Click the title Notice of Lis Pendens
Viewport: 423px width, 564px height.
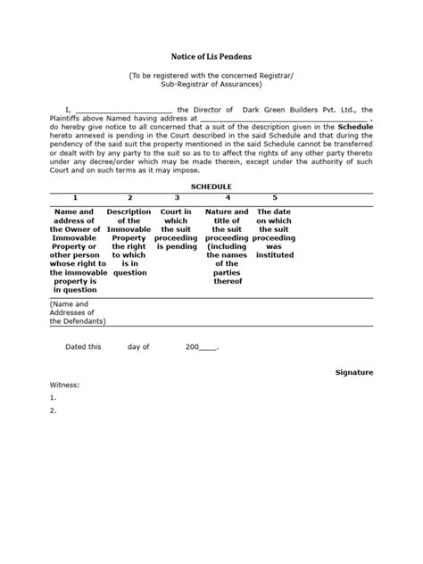[211, 54]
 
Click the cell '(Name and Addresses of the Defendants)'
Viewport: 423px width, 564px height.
[75, 312]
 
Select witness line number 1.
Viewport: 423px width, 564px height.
[54, 398]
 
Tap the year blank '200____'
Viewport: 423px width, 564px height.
[201, 345]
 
